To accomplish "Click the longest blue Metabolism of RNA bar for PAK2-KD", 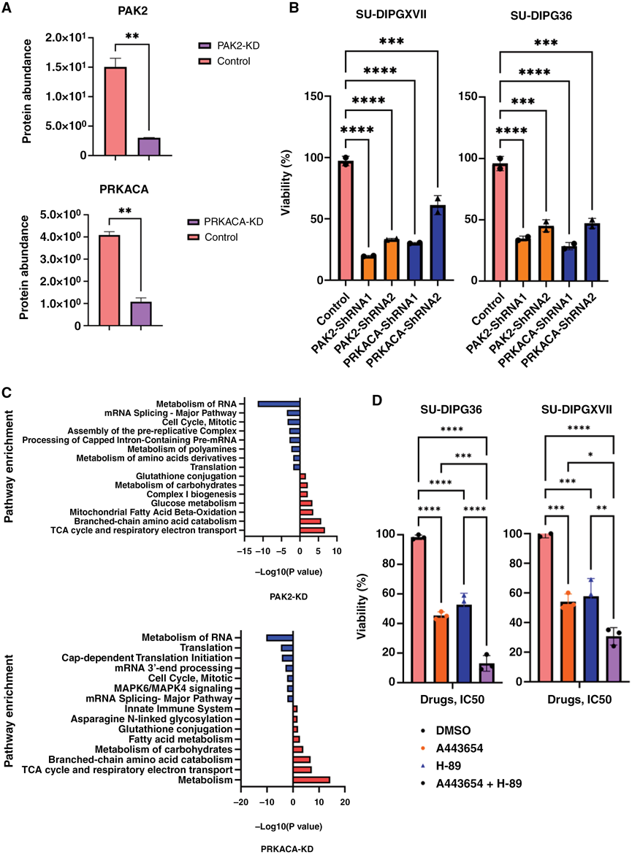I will [278, 402].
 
